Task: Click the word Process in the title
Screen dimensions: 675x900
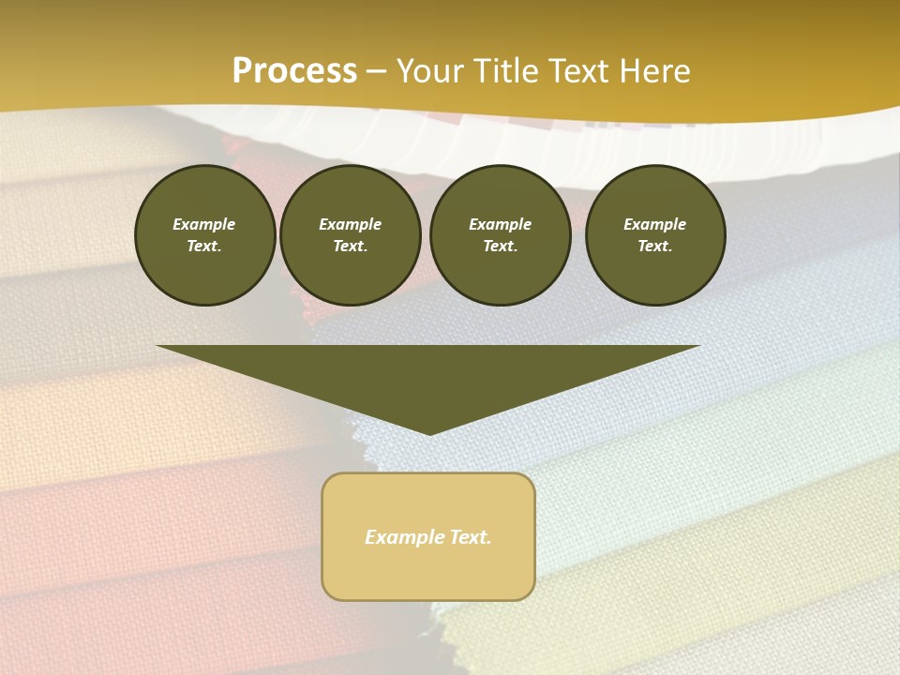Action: tap(294, 71)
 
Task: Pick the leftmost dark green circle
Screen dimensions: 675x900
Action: tap(205, 235)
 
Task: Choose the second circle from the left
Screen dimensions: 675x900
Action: tap(351, 235)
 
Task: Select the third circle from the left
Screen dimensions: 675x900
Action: tap(501, 235)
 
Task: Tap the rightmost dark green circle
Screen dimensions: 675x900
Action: tap(655, 235)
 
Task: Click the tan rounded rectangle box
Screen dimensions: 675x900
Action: tap(428, 536)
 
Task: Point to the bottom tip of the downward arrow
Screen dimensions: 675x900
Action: tap(429, 433)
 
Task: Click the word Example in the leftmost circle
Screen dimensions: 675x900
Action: tap(204, 224)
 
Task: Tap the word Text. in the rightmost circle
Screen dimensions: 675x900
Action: tap(655, 247)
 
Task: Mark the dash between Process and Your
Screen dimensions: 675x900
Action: tap(377, 71)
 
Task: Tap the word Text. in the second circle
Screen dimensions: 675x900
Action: tap(351, 247)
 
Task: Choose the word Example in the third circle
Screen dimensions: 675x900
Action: tap(501, 224)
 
